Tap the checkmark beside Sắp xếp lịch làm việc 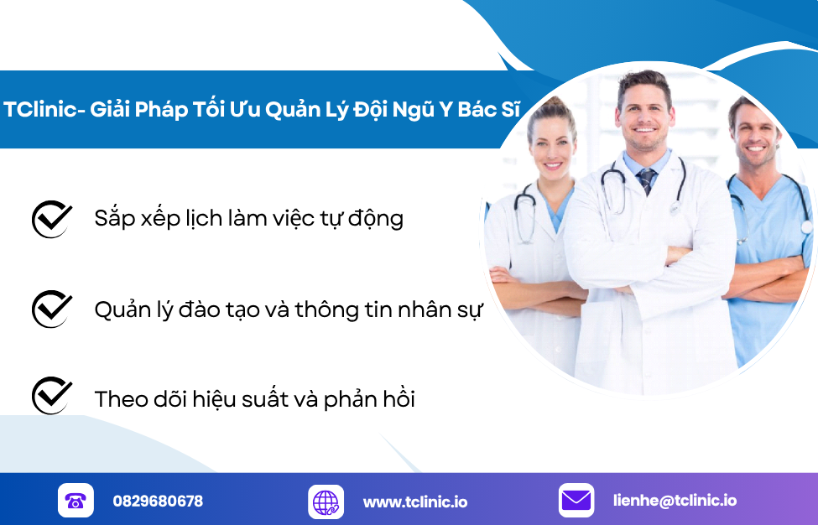(52, 219)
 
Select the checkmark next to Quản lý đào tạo (52, 309)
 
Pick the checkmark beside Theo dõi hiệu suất (52, 396)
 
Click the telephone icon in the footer (76, 501)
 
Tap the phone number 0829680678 (158, 502)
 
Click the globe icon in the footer (326, 502)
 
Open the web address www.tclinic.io (415, 502)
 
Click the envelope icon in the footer (576, 501)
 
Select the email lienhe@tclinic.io (675, 501)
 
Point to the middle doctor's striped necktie (646, 179)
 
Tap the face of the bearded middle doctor (643, 117)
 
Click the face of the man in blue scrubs (754, 135)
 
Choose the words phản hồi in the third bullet (373, 398)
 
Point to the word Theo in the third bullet (121, 398)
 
